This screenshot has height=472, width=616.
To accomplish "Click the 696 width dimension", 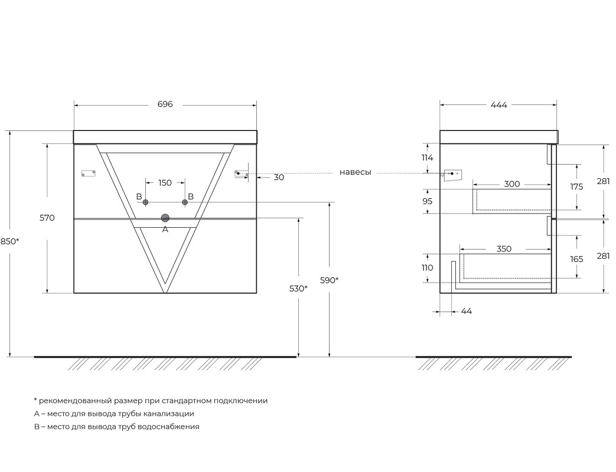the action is (165, 104).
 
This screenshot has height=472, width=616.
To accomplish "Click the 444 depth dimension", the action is (498, 105).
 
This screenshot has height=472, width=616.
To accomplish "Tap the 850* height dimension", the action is (9, 241).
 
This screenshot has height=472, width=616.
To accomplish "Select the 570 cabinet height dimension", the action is (47, 218).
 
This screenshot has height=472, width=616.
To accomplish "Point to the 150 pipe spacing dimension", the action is (165, 182).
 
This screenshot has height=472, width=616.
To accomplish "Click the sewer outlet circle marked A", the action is (165, 218).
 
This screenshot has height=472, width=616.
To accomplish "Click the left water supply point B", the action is (145, 202).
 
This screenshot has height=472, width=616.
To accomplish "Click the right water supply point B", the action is (185, 202).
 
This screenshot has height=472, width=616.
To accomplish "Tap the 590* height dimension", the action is (329, 280).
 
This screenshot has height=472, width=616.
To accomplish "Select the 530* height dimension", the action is (298, 289).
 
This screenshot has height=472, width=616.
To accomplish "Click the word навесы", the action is (355, 172).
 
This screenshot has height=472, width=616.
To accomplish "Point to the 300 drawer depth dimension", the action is (511, 184).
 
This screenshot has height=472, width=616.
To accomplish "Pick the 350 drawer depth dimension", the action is (504, 249).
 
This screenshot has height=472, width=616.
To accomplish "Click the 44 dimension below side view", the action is (467, 311).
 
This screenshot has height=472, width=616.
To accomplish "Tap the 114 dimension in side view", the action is (427, 158).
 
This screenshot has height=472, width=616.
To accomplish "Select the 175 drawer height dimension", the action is (576, 187).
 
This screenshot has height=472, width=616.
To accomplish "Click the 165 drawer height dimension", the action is (576, 259).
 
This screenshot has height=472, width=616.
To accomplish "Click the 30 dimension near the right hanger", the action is (279, 178).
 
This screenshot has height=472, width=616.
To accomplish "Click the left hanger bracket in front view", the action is (89, 173).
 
